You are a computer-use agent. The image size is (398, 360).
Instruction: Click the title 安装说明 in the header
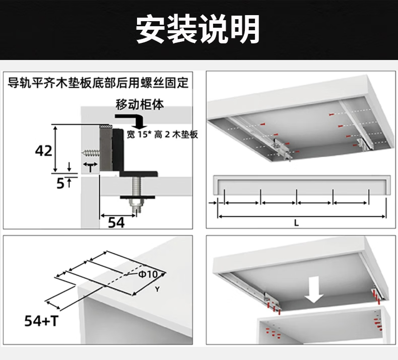198,29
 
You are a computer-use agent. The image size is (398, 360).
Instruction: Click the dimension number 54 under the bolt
116,222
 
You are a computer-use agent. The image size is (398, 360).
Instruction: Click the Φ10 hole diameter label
148,274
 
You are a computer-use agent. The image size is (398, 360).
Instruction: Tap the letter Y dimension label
157,289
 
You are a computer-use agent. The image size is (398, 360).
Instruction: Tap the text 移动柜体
140,104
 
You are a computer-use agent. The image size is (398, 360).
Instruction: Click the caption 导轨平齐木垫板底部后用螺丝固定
99,82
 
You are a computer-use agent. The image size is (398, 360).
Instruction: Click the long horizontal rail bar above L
302,184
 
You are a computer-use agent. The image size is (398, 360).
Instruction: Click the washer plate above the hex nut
136,195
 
